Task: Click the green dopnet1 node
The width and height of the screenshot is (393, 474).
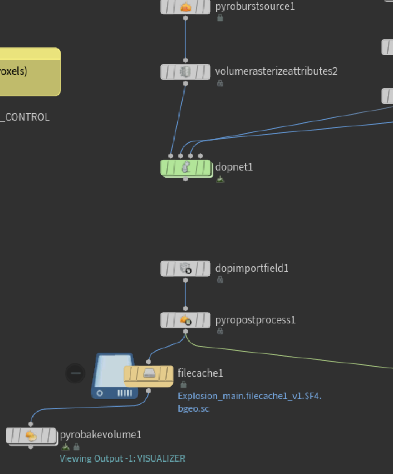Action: [x=186, y=168]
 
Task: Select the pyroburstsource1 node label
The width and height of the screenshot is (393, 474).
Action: [x=255, y=7]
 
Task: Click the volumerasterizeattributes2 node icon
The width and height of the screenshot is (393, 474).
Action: [x=186, y=72]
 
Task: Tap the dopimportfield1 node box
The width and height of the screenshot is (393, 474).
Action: [x=186, y=268]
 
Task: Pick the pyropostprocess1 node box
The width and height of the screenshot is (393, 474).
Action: [x=186, y=320]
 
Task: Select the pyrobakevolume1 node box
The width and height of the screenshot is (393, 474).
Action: [x=31, y=436]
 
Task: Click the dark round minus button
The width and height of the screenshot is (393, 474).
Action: [x=75, y=373]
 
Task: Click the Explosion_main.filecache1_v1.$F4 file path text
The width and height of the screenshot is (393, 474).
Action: [x=249, y=396]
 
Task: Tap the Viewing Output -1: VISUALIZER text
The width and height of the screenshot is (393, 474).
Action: [x=122, y=458]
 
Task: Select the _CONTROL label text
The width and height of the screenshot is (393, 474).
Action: [x=25, y=117]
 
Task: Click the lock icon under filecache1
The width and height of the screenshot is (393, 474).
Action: [x=183, y=384]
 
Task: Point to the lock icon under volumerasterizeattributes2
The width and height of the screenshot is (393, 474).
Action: [x=220, y=83]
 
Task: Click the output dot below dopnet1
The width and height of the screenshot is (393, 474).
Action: [x=186, y=179]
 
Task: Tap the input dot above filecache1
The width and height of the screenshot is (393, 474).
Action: [x=149, y=361]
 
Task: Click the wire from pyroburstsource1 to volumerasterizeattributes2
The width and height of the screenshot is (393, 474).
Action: [x=186, y=38]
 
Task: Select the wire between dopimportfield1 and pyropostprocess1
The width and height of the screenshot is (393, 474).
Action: [x=186, y=294]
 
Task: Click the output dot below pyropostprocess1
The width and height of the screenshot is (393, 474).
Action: [x=186, y=331]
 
